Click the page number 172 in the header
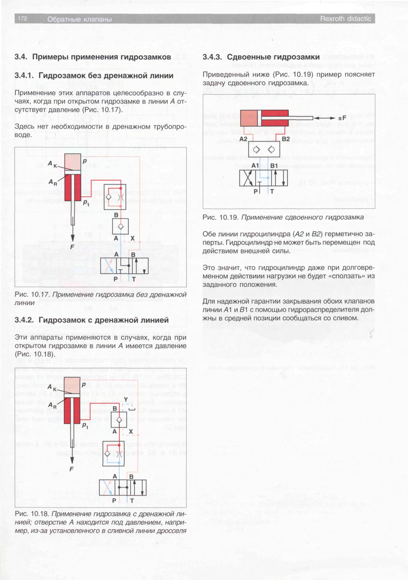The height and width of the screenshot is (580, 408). (22, 18)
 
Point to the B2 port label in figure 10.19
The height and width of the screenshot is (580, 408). (286, 139)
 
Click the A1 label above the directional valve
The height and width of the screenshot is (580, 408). (255, 166)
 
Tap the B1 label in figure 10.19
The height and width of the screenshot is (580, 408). (274, 166)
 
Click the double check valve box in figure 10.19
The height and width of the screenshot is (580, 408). (264, 150)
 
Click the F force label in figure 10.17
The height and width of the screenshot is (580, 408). (72, 247)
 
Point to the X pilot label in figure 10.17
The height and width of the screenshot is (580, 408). (132, 238)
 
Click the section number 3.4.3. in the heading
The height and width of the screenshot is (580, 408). (212, 57)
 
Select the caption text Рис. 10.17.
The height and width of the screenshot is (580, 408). (32, 295)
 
